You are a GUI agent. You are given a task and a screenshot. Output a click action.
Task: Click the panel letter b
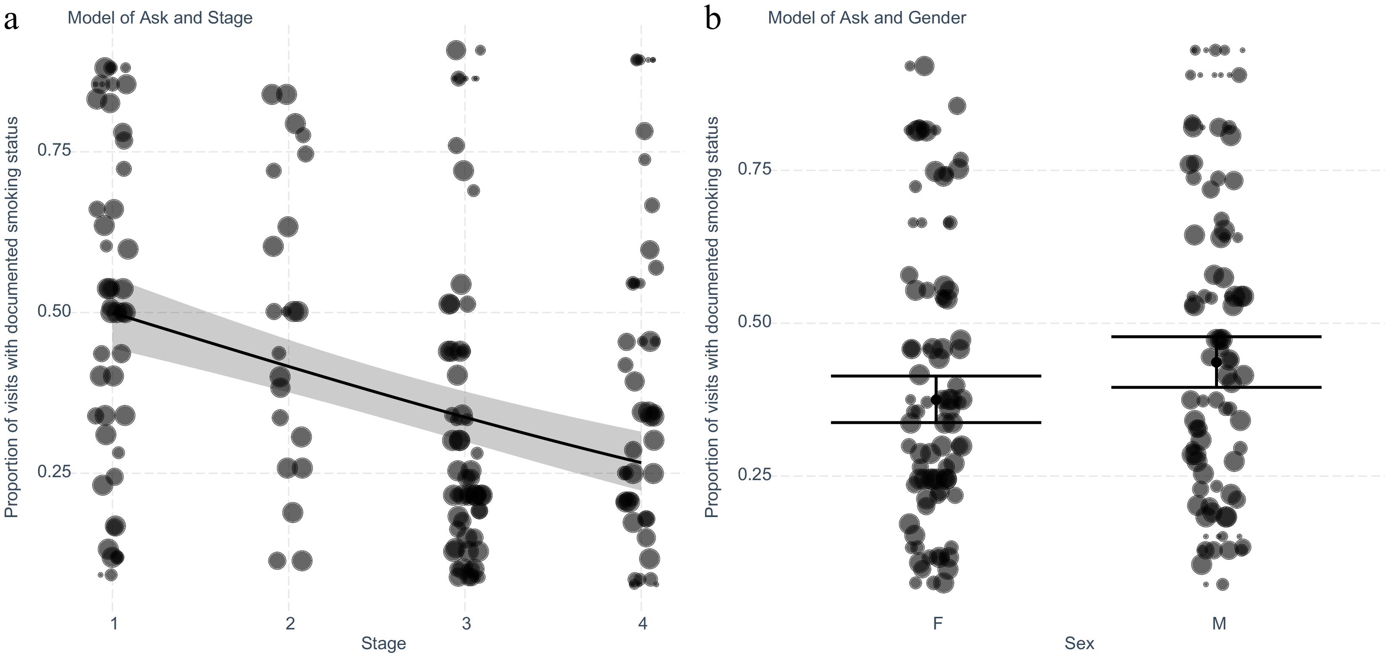coord(713,21)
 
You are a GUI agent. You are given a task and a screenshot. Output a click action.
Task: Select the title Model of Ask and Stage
coord(160,18)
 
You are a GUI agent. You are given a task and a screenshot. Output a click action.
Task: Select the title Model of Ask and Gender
coord(867,18)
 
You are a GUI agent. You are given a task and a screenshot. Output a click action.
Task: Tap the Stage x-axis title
coord(383,643)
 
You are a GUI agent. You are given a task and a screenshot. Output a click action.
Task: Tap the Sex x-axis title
coord(1079,643)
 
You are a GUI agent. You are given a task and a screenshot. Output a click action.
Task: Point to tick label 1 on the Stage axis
coord(114,624)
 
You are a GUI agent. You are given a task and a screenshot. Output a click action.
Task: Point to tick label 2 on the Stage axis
coord(290,624)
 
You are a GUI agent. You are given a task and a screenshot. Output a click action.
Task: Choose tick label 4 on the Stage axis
coord(642,624)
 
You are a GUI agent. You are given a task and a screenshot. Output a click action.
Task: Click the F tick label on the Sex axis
coord(937,624)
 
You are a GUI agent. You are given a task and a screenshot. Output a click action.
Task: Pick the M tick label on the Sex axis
coord(1219,624)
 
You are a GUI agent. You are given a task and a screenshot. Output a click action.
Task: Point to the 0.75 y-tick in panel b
coord(755,169)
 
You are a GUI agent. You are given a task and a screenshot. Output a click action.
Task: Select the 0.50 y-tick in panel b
coord(755,322)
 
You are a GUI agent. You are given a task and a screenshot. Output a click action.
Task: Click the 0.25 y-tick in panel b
coord(755,475)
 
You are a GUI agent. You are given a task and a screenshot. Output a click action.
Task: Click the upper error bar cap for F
coord(936,376)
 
